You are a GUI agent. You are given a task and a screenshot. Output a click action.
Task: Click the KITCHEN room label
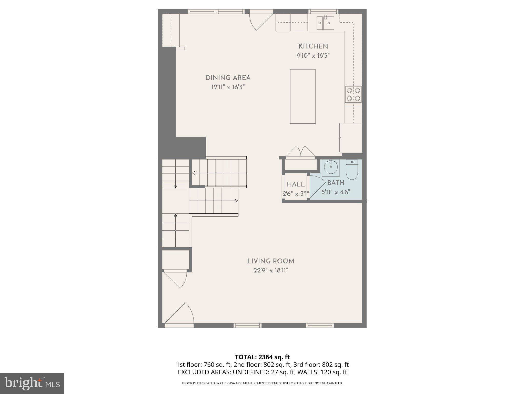[x=313, y=46]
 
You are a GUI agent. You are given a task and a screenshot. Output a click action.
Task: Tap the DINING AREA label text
[x=228, y=78]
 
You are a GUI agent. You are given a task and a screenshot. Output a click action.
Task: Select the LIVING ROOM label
[x=271, y=261]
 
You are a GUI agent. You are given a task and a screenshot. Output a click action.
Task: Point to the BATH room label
[x=336, y=183]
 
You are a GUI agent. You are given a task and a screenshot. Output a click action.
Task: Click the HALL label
[x=296, y=184]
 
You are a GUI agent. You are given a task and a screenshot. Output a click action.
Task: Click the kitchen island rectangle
[x=303, y=96]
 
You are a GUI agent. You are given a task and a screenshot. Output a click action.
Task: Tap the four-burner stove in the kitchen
[x=353, y=94]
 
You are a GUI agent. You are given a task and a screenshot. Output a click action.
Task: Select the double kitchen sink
[x=325, y=23]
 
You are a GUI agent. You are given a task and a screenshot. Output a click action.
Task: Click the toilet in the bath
[x=352, y=170]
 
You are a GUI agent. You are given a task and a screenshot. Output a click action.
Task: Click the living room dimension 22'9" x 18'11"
[x=271, y=270]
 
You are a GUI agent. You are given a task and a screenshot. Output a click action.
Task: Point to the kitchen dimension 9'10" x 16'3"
[x=313, y=56]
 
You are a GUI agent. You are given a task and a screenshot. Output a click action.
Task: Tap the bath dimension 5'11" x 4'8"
[x=336, y=192]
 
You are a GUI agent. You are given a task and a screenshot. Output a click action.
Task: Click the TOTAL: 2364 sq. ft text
[x=262, y=357]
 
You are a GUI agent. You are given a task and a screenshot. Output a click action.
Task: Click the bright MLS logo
[x=32, y=383]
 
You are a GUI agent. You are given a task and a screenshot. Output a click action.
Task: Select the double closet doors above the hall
[x=301, y=152]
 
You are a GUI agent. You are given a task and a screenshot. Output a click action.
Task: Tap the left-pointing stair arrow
[x=194, y=173]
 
